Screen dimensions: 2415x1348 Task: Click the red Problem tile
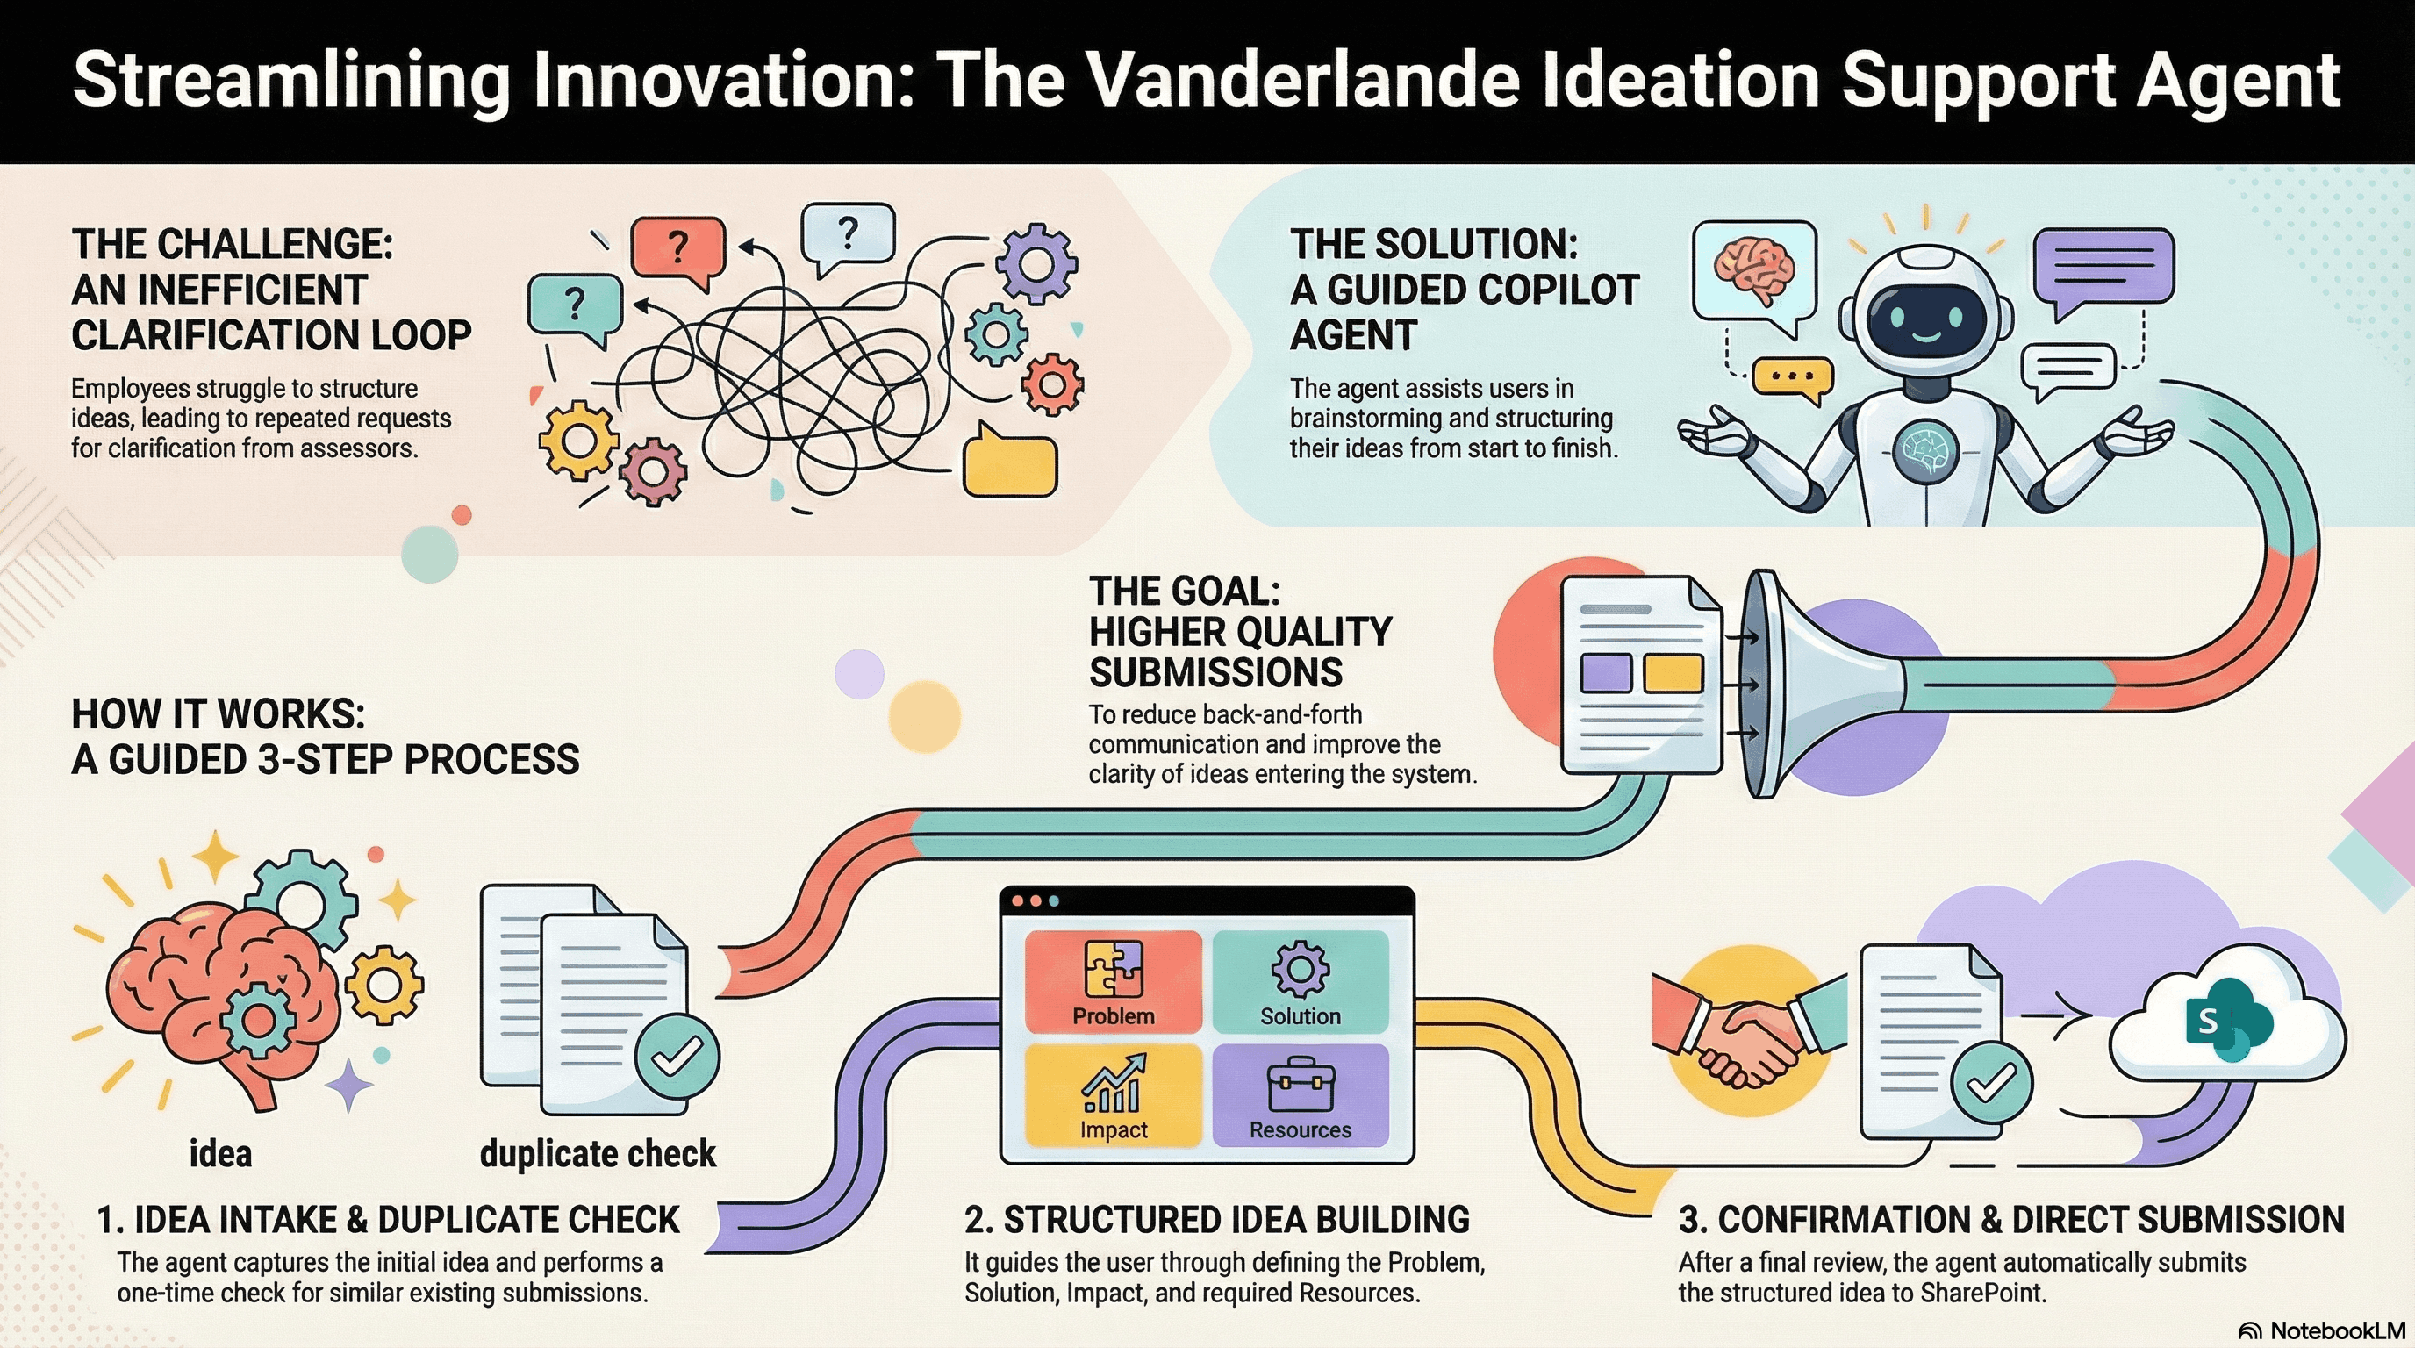coord(1113,980)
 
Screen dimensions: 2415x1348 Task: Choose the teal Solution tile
coord(1301,980)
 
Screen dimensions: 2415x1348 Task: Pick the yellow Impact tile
coord(1113,1095)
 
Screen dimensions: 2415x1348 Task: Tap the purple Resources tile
coord(1301,1095)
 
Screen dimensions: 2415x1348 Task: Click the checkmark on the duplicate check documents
coord(677,1057)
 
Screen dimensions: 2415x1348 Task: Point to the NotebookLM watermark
coord(2322,1330)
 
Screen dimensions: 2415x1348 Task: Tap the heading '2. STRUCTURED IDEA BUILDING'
coord(1217,1220)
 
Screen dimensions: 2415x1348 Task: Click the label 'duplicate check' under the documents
coord(598,1153)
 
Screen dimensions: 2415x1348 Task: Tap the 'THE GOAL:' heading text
coord(1185,592)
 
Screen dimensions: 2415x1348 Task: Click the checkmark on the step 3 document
coord(1992,1084)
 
